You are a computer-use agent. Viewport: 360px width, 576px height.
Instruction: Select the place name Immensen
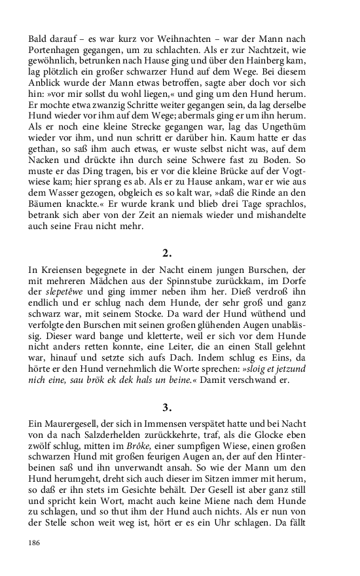click(x=189, y=427)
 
